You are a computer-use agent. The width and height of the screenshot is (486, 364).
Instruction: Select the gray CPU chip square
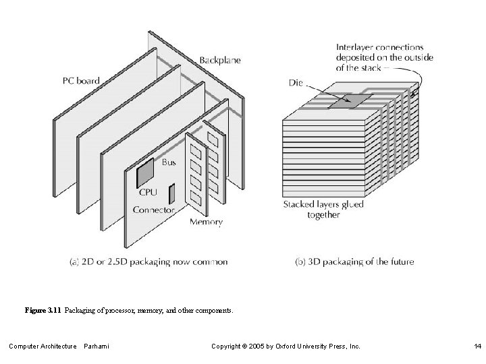[x=146, y=174]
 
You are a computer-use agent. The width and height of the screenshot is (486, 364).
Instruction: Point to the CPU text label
[x=148, y=192]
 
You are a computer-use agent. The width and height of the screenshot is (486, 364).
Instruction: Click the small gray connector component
[x=171, y=193]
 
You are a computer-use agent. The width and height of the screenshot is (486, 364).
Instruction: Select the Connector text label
[x=154, y=210]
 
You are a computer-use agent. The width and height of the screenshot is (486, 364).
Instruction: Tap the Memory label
[x=206, y=222]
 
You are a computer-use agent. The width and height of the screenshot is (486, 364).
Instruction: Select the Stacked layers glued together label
[x=323, y=210]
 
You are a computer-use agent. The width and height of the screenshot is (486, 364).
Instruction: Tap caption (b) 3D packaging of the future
[x=355, y=262]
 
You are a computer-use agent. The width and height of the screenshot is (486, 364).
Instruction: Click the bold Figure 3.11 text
[x=43, y=311]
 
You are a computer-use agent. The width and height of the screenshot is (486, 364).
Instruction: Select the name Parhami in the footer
[x=98, y=346]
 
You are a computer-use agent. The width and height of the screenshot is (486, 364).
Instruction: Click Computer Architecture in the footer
[x=43, y=346]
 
